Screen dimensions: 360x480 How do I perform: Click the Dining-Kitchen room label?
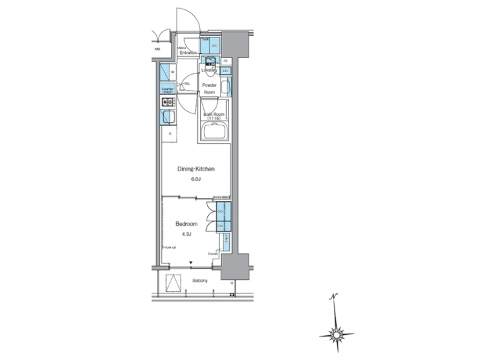tap(195, 170)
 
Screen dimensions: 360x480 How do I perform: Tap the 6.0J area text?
tap(195, 178)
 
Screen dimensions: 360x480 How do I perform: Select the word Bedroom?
tap(185, 224)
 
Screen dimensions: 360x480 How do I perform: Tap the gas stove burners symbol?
tap(166, 102)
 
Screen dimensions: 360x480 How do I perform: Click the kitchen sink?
tap(166, 119)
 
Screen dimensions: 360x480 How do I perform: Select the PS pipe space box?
tap(226, 61)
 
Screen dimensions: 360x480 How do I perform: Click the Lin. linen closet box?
tap(226, 71)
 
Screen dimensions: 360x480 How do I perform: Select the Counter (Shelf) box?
tap(167, 89)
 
